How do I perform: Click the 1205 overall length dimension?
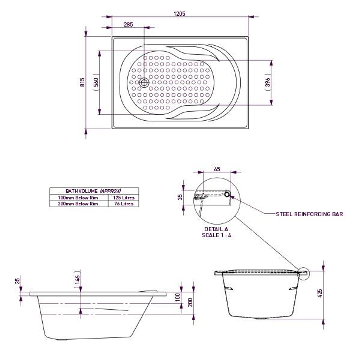[x=179, y=14]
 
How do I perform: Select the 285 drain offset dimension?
[x=128, y=24]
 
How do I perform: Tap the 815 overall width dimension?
[x=82, y=82]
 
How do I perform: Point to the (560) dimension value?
[x=96, y=82]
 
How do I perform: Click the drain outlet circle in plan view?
[x=144, y=82]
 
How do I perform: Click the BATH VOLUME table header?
[x=94, y=191]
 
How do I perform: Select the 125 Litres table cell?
[x=123, y=198]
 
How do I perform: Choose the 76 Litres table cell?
[x=123, y=204]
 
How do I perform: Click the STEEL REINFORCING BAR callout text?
[x=309, y=214]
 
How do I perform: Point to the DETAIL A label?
[x=216, y=230]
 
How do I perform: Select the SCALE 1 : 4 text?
[x=216, y=235]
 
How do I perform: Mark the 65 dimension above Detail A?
[x=217, y=169]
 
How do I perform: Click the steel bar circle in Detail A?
[x=227, y=194]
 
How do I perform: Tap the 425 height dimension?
[x=320, y=293]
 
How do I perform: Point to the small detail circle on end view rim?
[x=304, y=273]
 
